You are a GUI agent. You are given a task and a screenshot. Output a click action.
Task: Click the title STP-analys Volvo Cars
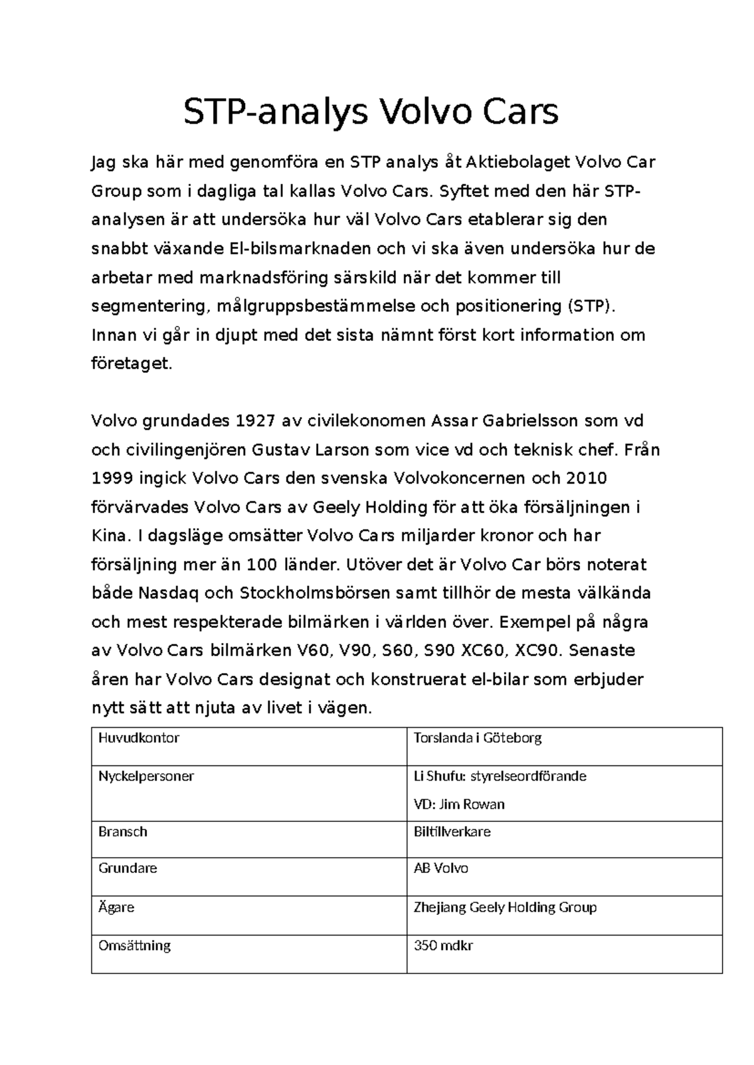point(370,112)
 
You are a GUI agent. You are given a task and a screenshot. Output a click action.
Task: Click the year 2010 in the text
point(586,478)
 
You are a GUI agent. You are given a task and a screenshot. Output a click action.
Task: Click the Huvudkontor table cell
point(139,738)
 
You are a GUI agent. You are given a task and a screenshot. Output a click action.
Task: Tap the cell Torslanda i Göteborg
point(477,738)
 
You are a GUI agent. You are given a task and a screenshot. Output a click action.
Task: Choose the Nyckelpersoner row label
point(146,776)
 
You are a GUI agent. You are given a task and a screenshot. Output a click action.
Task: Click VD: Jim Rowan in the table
point(459,804)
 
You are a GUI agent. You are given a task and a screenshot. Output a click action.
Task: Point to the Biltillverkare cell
point(452,832)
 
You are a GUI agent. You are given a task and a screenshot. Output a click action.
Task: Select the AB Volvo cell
point(440,868)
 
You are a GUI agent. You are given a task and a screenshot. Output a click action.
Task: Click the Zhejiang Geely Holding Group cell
point(505,907)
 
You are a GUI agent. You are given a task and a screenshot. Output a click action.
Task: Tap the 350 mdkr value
point(443,946)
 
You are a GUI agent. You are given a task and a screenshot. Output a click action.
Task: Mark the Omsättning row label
point(134,946)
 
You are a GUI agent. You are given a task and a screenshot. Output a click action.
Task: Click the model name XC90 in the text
point(536,651)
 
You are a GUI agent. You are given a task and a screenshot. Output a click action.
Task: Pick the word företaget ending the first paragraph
point(131,364)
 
